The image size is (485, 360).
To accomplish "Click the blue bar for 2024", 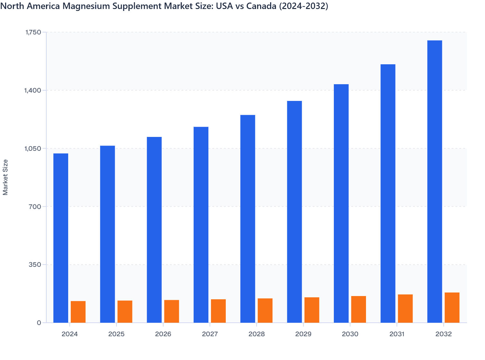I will click(61, 238).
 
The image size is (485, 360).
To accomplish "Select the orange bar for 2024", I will click(78, 312).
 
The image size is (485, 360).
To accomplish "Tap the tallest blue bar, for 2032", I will click(435, 182).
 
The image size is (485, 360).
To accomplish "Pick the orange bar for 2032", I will click(452, 308).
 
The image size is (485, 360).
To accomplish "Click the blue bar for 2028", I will click(248, 219).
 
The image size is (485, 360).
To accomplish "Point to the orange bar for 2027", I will click(218, 311).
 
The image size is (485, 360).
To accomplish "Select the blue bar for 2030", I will click(341, 203).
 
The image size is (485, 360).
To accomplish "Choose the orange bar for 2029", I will click(312, 310).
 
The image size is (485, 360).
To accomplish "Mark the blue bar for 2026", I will click(154, 230).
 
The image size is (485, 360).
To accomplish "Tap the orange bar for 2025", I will click(125, 311).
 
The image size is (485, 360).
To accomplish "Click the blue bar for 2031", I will click(388, 193).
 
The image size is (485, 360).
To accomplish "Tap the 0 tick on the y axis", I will click(39, 323).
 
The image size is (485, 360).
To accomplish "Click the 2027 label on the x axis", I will click(210, 334).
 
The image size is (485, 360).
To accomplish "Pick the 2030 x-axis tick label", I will click(350, 334).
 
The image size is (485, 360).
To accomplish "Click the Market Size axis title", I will click(5, 177).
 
